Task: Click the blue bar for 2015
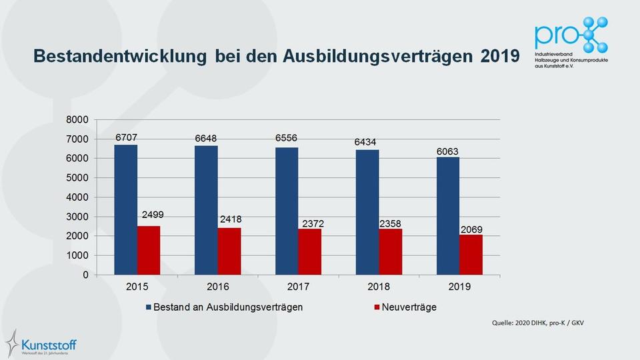125,209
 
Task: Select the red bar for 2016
229,251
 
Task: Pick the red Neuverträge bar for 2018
391,251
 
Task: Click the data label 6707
126,137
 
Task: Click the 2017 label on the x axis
299,287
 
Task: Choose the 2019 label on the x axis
460,287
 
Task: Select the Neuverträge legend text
409,307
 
